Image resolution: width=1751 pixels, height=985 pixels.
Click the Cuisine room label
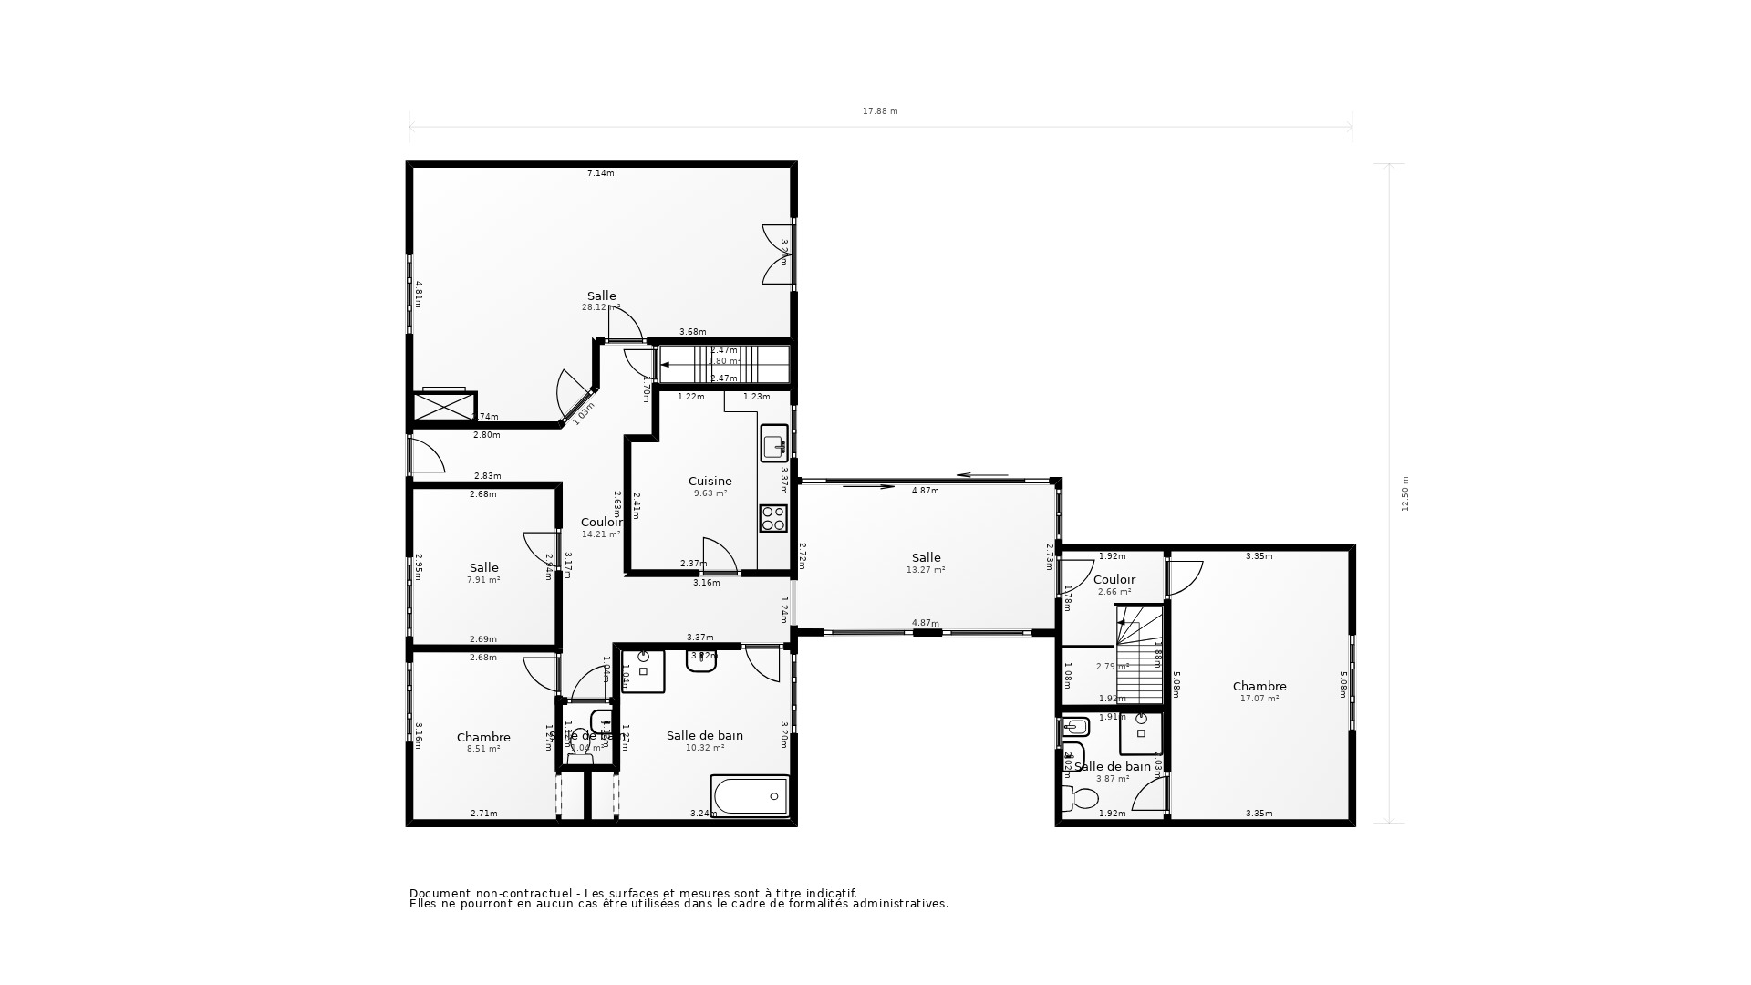point(710,482)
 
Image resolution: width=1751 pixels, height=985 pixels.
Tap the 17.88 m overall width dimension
point(880,111)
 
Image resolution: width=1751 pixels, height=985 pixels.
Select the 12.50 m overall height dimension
point(1405,493)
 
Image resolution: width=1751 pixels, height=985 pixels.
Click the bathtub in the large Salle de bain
point(750,795)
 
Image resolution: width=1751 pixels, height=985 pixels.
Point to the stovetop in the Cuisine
point(773,518)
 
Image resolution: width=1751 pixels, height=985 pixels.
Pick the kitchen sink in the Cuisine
point(774,444)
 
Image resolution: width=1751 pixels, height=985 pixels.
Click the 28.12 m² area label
point(600,307)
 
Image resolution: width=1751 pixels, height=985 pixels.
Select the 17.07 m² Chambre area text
point(1259,699)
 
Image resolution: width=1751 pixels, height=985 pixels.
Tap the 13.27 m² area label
point(926,570)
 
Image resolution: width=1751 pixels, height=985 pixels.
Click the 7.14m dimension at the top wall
point(600,173)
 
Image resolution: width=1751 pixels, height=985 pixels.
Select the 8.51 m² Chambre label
point(483,749)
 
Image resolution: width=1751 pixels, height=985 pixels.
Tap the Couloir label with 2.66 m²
point(1114,580)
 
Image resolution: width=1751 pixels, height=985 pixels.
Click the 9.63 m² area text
point(710,493)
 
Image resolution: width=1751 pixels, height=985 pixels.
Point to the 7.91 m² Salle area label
point(483,580)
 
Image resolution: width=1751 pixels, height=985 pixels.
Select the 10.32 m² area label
point(704,748)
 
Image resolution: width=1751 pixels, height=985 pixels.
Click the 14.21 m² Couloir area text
point(600,534)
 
